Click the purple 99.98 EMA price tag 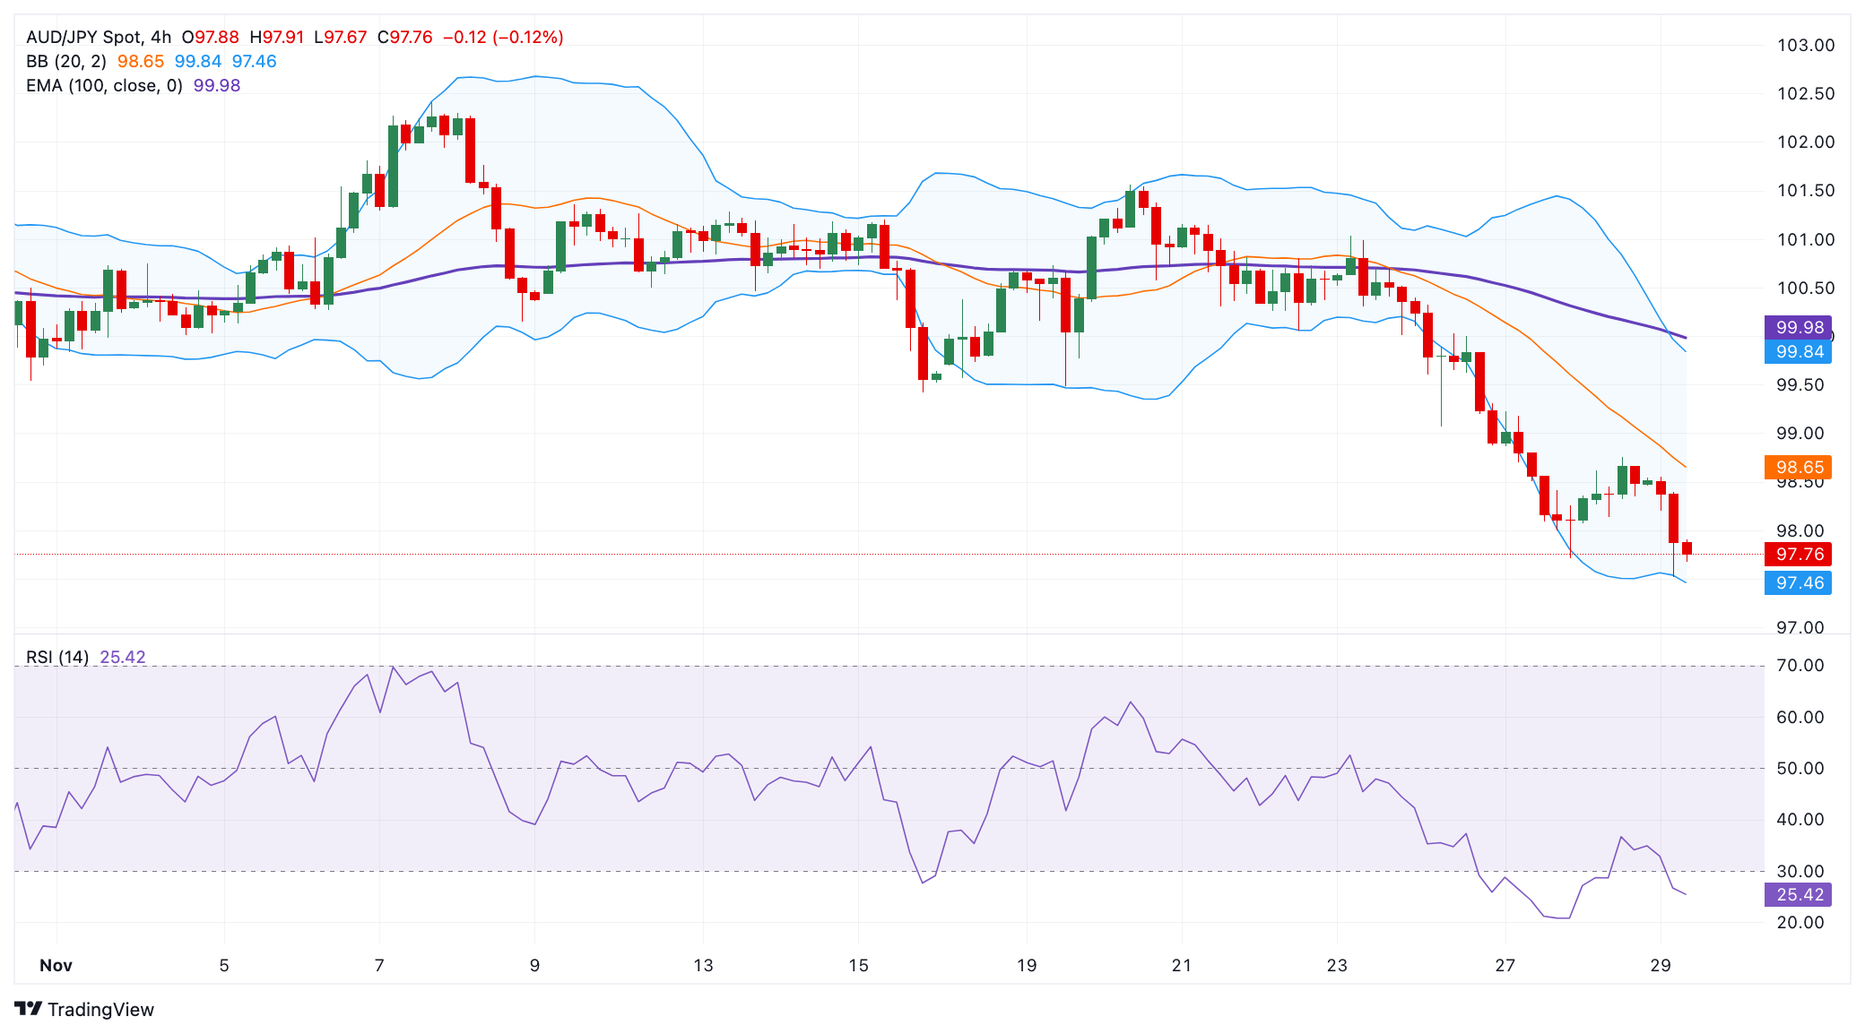click(x=1798, y=327)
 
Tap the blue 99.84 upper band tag click(x=1798, y=351)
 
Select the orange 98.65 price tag click(x=1798, y=467)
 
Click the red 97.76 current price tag click(x=1798, y=554)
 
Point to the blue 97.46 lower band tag click(x=1798, y=582)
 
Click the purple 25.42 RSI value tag click(x=1798, y=894)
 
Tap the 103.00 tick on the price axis click(x=1805, y=45)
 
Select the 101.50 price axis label click(x=1805, y=190)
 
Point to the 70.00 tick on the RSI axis click(x=1800, y=665)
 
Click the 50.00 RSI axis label click(x=1800, y=768)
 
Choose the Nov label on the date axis click(x=56, y=965)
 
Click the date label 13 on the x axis click(x=703, y=965)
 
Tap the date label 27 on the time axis click(x=1505, y=965)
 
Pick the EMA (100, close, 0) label click(x=104, y=85)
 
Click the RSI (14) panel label click(x=57, y=657)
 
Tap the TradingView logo click(x=84, y=1009)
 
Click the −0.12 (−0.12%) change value click(x=503, y=37)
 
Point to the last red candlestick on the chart click(x=1687, y=547)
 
